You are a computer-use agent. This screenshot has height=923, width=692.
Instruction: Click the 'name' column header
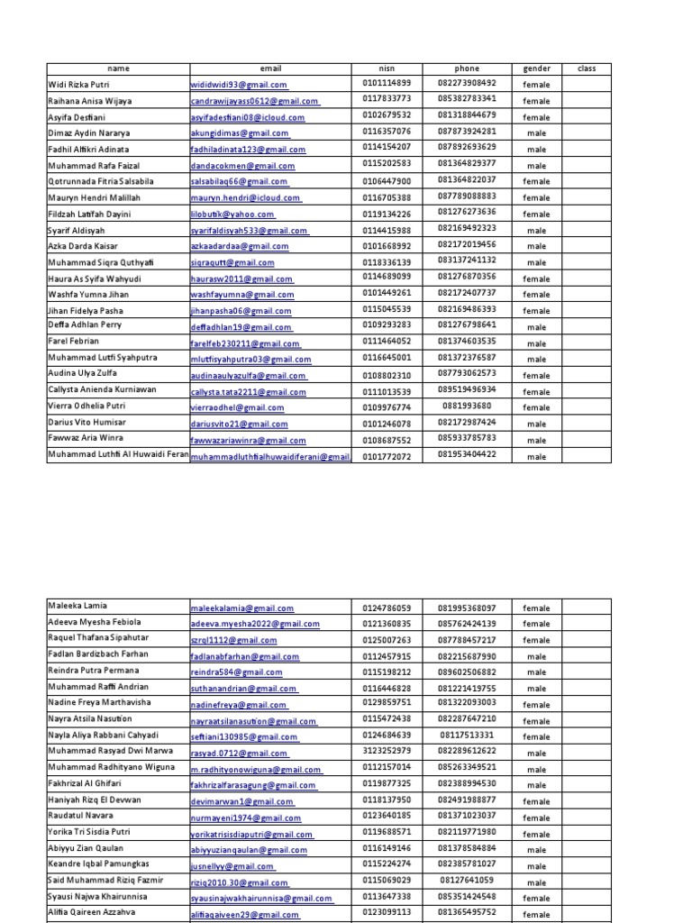117,69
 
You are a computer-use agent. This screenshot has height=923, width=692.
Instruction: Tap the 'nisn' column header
387,69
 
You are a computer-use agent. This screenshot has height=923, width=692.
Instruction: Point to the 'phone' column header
467,69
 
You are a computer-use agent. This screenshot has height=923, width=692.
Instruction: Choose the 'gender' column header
536,69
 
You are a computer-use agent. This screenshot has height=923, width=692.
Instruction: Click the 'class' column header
587,69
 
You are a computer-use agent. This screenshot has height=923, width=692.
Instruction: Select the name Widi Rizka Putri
79,85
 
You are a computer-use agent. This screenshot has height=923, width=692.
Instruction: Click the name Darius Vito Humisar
86,423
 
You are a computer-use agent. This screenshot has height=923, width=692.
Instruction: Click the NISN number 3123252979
387,751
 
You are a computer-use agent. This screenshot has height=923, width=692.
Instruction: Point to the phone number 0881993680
467,407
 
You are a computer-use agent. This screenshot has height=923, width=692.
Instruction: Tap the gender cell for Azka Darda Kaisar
536,247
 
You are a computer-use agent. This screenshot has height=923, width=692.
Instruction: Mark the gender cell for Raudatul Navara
536,818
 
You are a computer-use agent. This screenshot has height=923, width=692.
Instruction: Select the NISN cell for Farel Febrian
387,343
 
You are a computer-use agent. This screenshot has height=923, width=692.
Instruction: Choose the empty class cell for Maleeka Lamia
587,608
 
